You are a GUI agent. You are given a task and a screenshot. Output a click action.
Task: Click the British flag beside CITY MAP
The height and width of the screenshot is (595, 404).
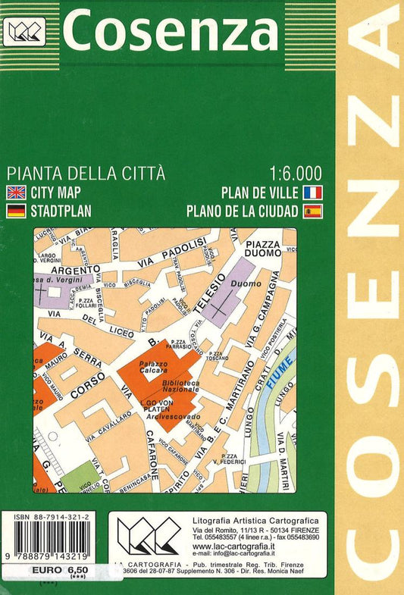pyautogui.click(x=15, y=192)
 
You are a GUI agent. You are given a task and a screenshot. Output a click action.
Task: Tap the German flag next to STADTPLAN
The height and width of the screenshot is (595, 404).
pyautogui.click(x=15, y=211)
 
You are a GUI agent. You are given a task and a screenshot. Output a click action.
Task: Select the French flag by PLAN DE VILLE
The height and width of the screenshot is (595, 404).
pyautogui.click(x=312, y=192)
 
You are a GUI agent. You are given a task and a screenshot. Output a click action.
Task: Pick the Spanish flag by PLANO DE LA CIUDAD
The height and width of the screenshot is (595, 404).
pyautogui.click(x=312, y=211)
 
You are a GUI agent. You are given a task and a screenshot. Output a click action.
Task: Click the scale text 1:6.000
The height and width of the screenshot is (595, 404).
pyautogui.click(x=296, y=172)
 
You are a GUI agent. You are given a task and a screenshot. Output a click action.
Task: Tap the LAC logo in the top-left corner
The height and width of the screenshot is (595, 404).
pyautogui.click(x=26, y=31)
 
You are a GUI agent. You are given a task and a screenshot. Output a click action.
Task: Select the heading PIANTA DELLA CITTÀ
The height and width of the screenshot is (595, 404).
pyautogui.click(x=85, y=172)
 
